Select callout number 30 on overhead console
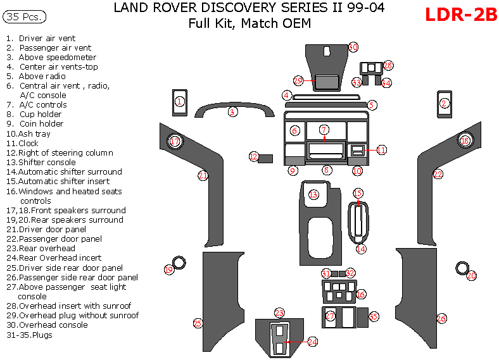[x=353, y=47]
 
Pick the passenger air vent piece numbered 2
[x=445, y=103]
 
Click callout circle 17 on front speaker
[x=175, y=142]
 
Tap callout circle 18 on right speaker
[x=465, y=140]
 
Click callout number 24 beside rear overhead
[x=312, y=342]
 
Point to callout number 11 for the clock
[x=381, y=150]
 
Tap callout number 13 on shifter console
[x=313, y=195]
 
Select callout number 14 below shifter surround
[x=360, y=249]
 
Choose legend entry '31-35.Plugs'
[x=29, y=335]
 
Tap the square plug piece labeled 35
[x=363, y=317]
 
